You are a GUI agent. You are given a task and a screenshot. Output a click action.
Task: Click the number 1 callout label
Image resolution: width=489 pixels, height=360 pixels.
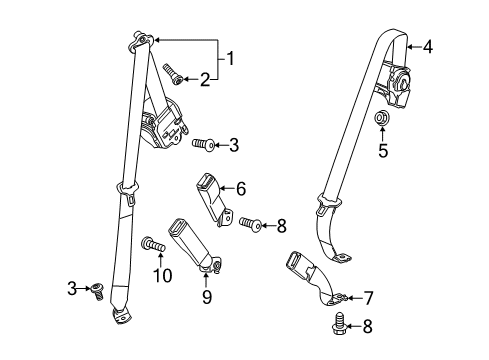tap(232, 58)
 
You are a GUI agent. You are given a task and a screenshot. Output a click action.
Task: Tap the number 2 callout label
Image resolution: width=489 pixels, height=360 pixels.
tap(206, 79)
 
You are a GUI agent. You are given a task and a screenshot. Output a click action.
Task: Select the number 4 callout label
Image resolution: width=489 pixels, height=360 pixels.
tap(428, 46)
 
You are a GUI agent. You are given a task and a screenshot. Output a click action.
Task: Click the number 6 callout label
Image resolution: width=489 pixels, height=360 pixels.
tap(241, 187)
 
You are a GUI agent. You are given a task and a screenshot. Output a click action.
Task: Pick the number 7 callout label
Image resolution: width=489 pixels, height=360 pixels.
tap(368, 298)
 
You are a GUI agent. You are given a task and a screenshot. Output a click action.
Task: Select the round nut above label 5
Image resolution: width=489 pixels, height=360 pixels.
tap(381, 121)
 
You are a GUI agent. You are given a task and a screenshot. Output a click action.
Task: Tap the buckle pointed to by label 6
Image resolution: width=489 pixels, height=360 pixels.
tap(209, 186)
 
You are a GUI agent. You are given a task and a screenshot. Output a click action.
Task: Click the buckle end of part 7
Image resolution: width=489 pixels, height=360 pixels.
tap(299, 268)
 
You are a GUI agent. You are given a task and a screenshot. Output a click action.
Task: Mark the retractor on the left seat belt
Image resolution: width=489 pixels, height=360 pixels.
tap(162, 127)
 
